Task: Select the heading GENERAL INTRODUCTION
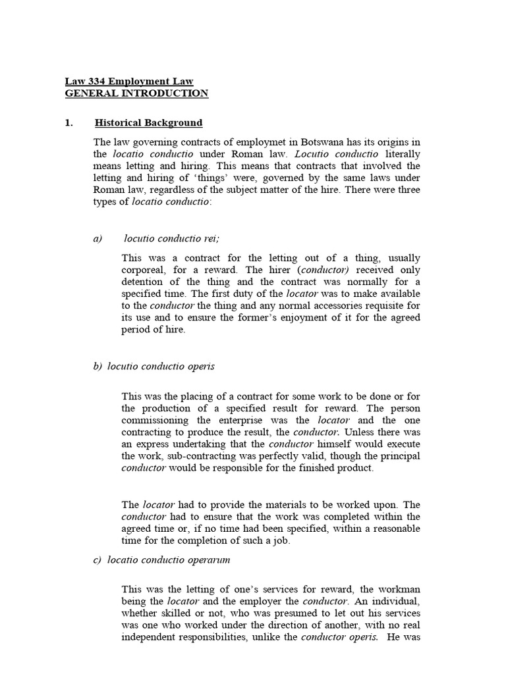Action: [136, 93]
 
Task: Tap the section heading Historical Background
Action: [149, 122]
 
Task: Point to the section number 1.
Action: [69, 122]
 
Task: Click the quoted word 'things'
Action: [225, 178]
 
